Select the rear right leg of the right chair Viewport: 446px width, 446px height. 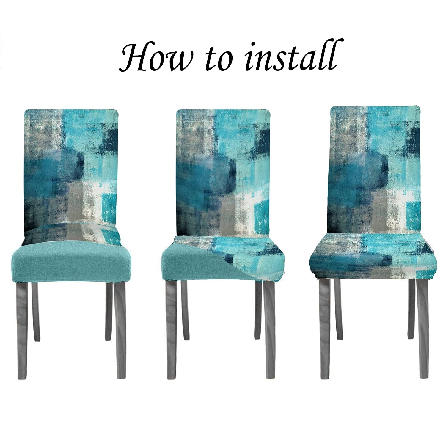click(x=411, y=309)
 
